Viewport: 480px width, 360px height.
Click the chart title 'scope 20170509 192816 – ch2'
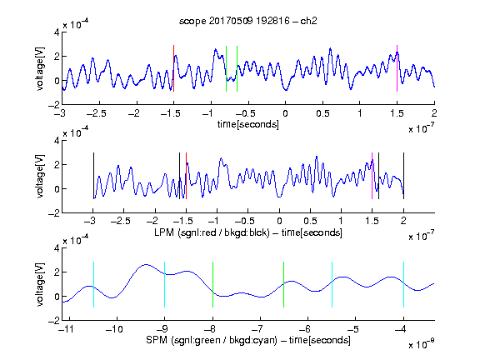coord(248,21)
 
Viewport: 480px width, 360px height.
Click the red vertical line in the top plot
coord(173,68)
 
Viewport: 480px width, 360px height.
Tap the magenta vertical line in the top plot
coord(397,68)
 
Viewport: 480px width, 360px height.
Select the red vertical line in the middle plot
coord(186,176)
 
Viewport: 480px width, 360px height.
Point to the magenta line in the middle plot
coord(372,176)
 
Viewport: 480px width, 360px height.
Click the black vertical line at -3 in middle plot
coord(93,176)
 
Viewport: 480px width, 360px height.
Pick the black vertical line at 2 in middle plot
coord(404,176)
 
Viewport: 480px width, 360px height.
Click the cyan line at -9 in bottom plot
coord(165,284)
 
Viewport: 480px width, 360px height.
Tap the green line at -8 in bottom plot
coord(212,284)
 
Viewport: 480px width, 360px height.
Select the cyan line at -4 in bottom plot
coord(404,284)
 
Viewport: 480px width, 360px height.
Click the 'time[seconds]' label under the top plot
coord(248,125)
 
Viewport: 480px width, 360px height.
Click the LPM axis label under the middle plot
coord(248,232)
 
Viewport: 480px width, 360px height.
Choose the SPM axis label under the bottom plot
coord(248,340)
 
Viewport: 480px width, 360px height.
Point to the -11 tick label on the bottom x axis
coord(66,329)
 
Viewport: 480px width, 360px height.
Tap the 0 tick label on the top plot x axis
coord(285,113)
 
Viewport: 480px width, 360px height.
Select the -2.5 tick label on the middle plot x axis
coord(120,221)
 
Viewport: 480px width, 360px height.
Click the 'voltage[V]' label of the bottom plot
coord(40,284)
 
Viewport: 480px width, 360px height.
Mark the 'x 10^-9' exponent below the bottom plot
coord(422,344)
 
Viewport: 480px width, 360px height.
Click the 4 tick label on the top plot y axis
coord(57,32)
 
